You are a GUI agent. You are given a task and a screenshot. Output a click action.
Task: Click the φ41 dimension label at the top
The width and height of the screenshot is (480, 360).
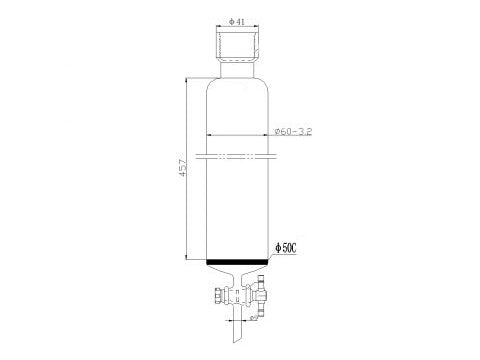click(238, 21)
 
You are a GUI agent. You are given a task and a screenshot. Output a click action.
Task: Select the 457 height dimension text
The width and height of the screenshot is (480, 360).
click(181, 172)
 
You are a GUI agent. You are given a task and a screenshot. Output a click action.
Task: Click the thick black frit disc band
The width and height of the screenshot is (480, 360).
click(238, 263)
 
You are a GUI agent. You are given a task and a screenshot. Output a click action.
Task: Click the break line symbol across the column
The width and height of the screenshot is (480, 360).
click(238, 155)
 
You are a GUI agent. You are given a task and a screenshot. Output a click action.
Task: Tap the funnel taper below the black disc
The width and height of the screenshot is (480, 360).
click(238, 274)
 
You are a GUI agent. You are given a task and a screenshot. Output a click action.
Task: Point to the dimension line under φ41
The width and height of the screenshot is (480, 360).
click(238, 28)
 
